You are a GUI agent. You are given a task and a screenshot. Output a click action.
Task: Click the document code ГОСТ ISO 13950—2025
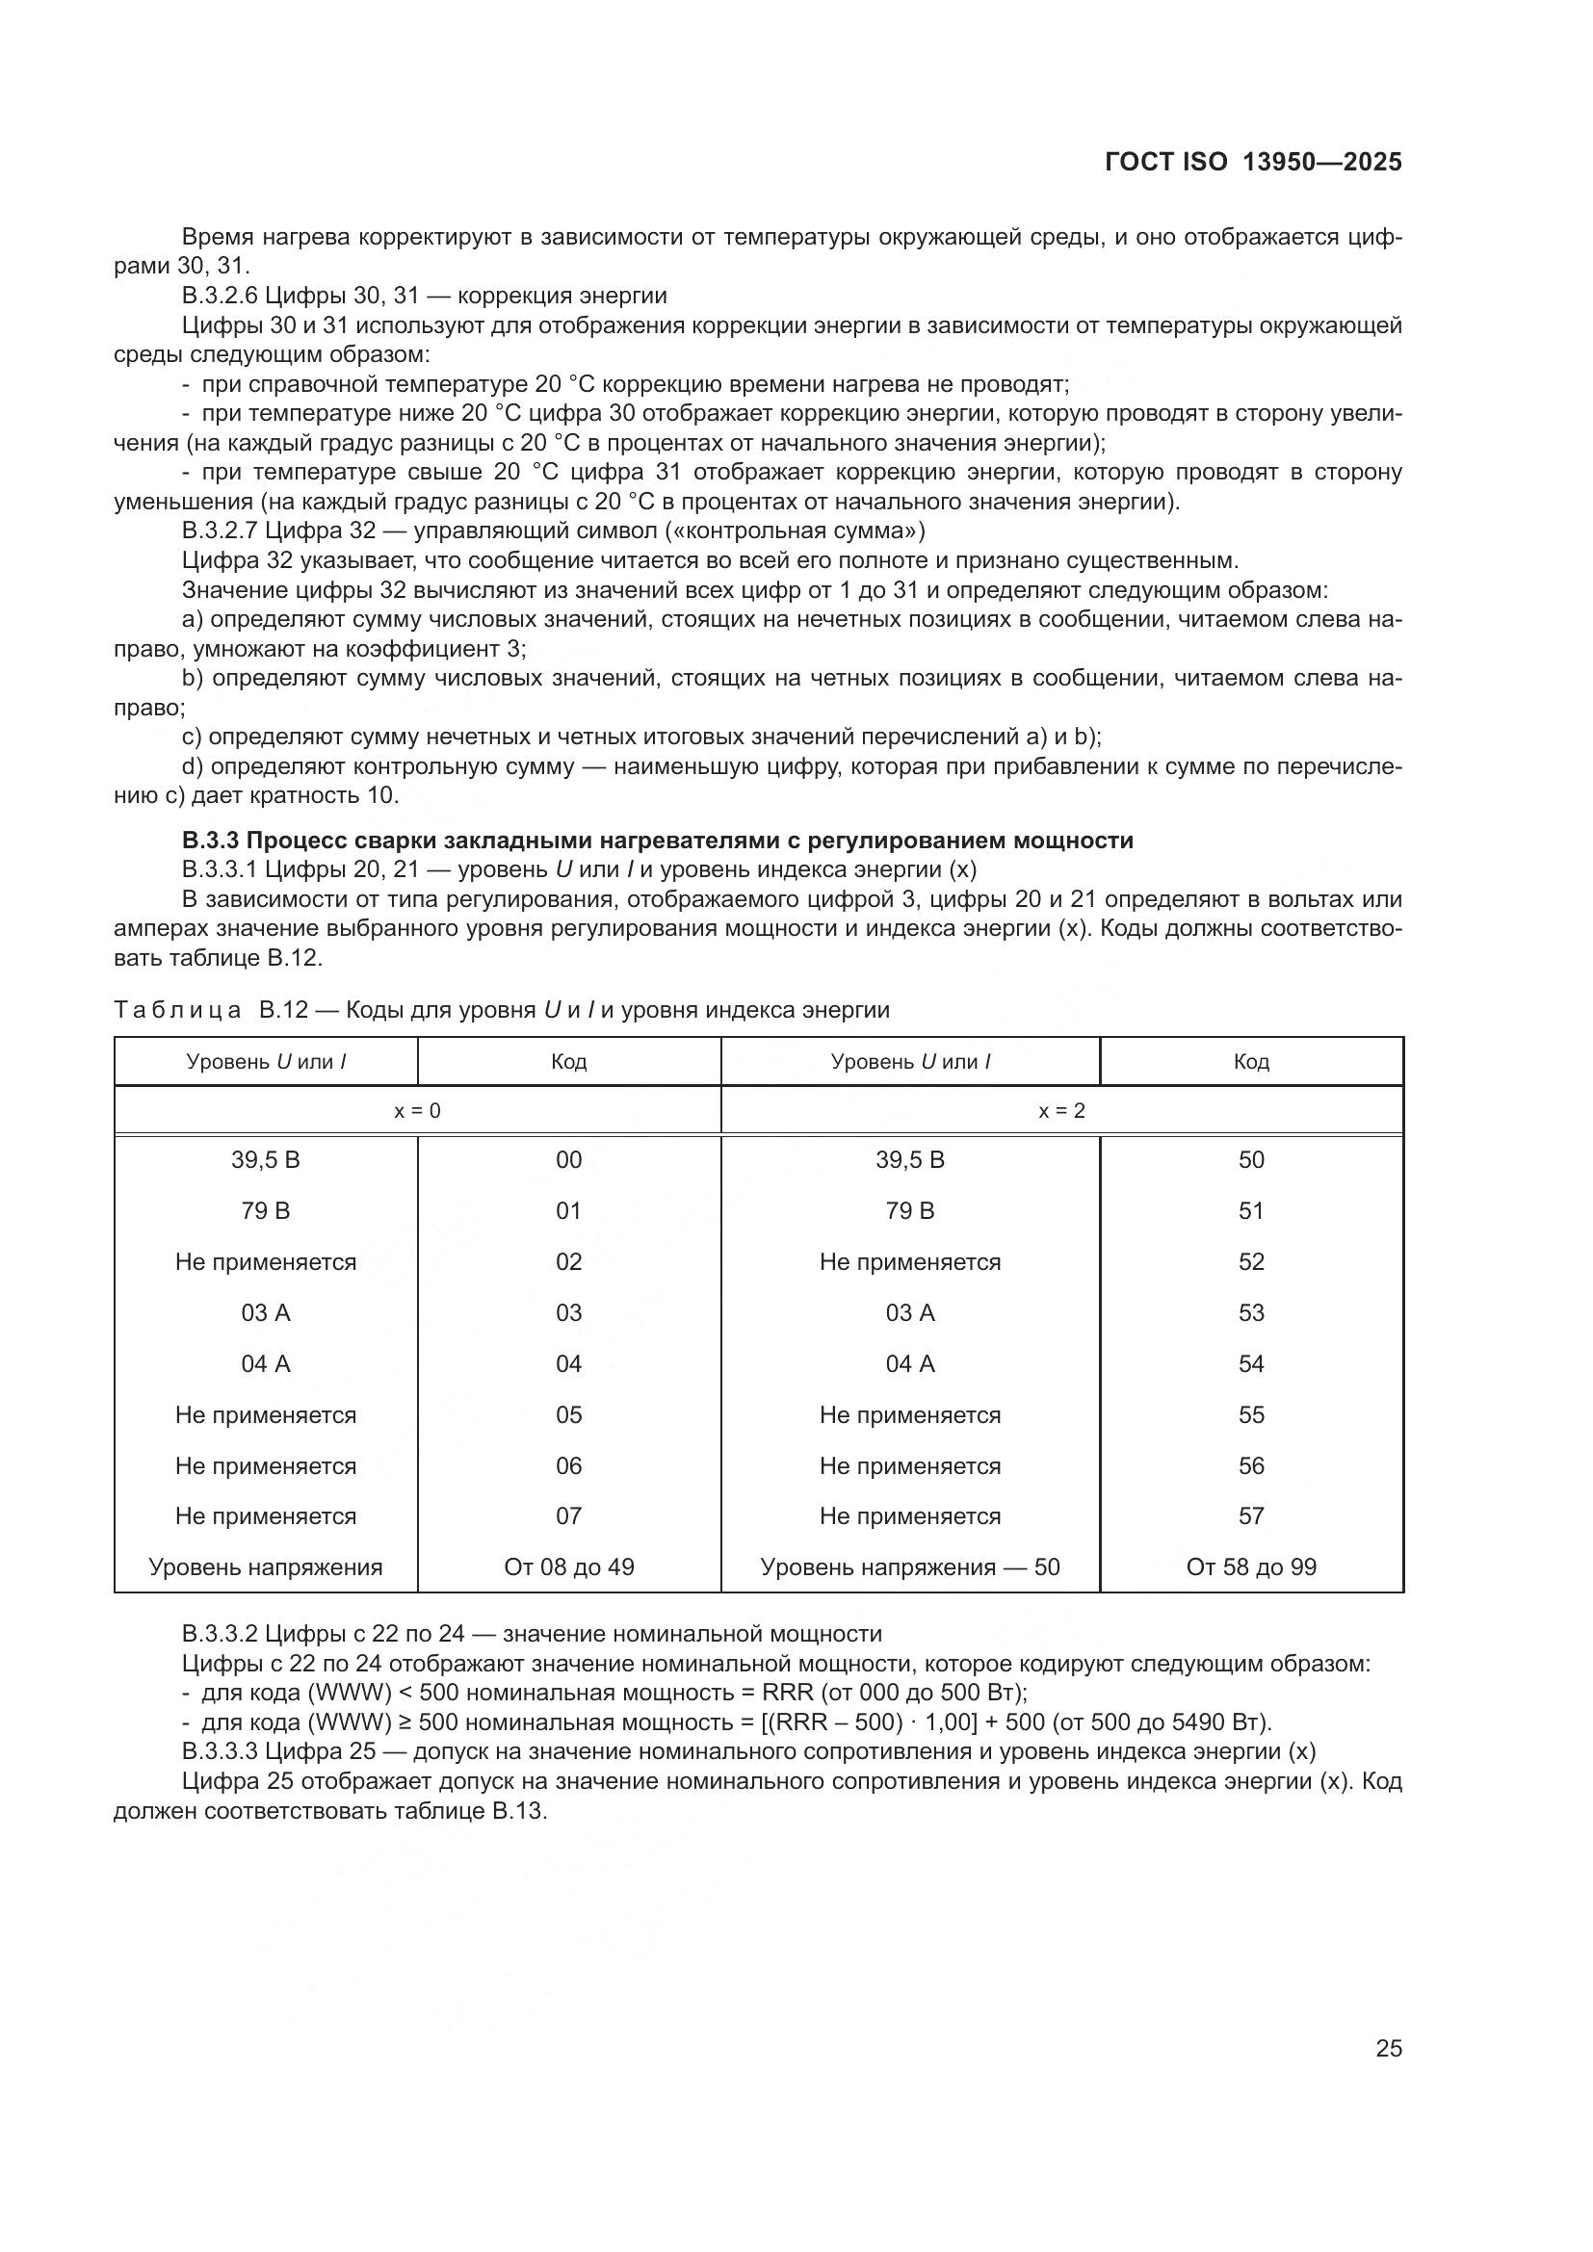coord(1253,163)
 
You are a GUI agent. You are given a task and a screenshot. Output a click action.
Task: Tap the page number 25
coord(1388,2048)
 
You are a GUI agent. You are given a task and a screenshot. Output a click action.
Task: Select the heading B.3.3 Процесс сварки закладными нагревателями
coord(657,841)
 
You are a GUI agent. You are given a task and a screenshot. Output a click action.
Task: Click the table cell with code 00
coord(568,1160)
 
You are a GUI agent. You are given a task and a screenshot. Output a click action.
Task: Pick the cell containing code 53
coord(1251,1313)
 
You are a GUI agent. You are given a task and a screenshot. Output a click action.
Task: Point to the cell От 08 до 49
coord(568,1567)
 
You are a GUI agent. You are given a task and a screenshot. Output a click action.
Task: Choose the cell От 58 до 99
coord(1251,1567)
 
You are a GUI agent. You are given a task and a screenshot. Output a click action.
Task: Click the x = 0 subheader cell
coord(417,1111)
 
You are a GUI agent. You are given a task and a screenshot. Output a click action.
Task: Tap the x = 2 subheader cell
coord(1061,1111)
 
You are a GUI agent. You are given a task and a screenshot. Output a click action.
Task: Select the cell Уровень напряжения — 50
coord(909,1567)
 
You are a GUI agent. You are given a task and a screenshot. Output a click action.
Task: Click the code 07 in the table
coord(568,1516)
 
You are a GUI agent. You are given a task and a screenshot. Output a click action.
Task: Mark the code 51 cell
coord(1251,1211)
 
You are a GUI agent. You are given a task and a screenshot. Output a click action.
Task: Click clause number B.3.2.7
coord(220,531)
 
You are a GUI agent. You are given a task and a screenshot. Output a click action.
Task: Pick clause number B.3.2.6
coord(220,297)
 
